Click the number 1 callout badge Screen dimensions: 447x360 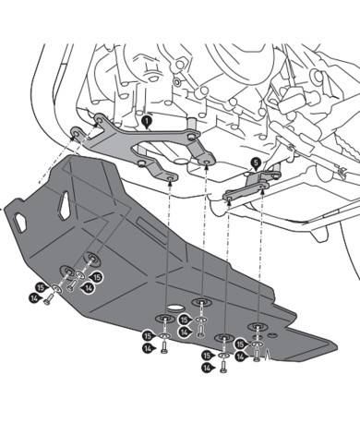click(x=148, y=119)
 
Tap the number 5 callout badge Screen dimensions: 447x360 click(x=255, y=163)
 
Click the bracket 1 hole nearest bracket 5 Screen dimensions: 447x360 click(x=204, y=169)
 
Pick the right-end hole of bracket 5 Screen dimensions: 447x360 click(x=264, y=186)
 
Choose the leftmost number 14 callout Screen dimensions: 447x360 click(x=33, y=298)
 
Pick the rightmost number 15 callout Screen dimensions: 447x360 click(x=242, y=344)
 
